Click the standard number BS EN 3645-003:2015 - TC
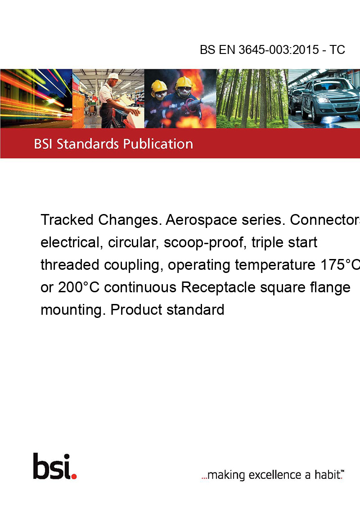click(272, 49)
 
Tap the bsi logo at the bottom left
click(55, 466)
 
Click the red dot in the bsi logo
click(74, 476)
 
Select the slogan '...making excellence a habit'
click(273, 474)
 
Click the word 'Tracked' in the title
click(67, 220)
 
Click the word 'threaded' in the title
click(70, 264)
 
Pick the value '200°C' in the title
click(79, 287)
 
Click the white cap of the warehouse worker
click(114, 77)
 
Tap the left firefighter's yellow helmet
click(159, 86)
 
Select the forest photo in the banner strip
click(252, 98)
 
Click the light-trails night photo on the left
click(36, 98)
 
